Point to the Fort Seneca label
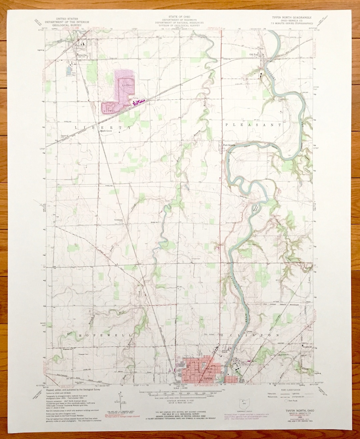pos(229,145)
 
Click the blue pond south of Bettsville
pos(69,71)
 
